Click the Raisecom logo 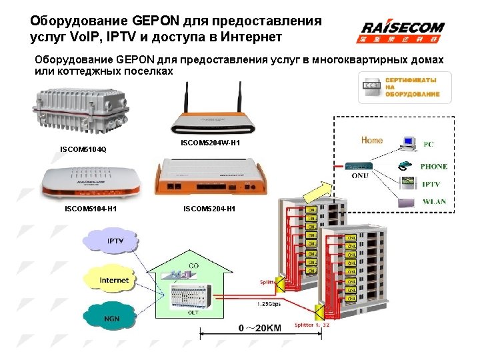pyautogui.click(x=403, y=31)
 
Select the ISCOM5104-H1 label pyautogui.click(x=91, y=209)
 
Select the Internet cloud pyautogui.click(x=114, y=280)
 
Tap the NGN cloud pyautogui.click(x=111, y=319)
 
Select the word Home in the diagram pyautogui.click(x=372, y=140)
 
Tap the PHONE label pyautogui.click(x=434, y=167)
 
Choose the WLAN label pyautogui.click(x=434, y=201)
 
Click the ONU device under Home pyautogui.click(x=361, y=166)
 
